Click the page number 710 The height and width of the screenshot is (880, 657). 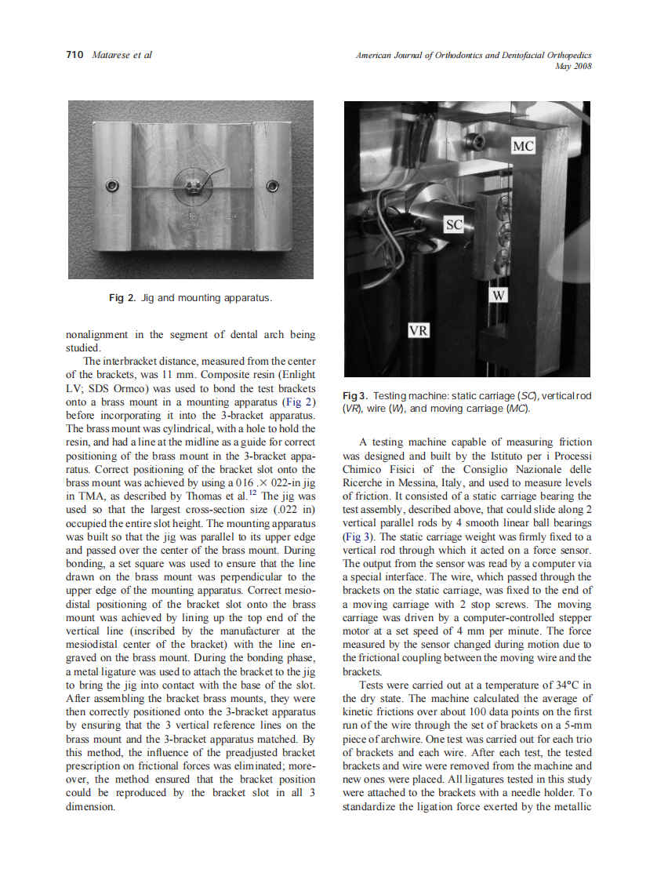pyautogui.click(x=75, y=55)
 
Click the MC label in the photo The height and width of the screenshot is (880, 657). pyautogui.click(x=523, y=147)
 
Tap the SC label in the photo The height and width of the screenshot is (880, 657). pyautogui.click(x=454, y=225)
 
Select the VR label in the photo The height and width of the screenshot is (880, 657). pyautogui.click(x=419, y=330)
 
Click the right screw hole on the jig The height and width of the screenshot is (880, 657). pyautogui.click(x=273, y=186)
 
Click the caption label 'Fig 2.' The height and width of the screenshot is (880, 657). pyautogui.click(x=123, y=298)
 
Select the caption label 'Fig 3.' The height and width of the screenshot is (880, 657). pyautogui.click(x=356, y=395)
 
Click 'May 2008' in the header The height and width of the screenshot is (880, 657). pyautogui.click(x=572, y=67)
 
